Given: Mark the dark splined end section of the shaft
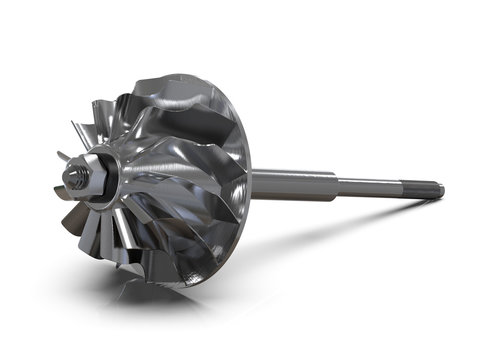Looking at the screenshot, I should (x=425, y=188).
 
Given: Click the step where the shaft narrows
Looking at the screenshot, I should (x=337, y=184).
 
